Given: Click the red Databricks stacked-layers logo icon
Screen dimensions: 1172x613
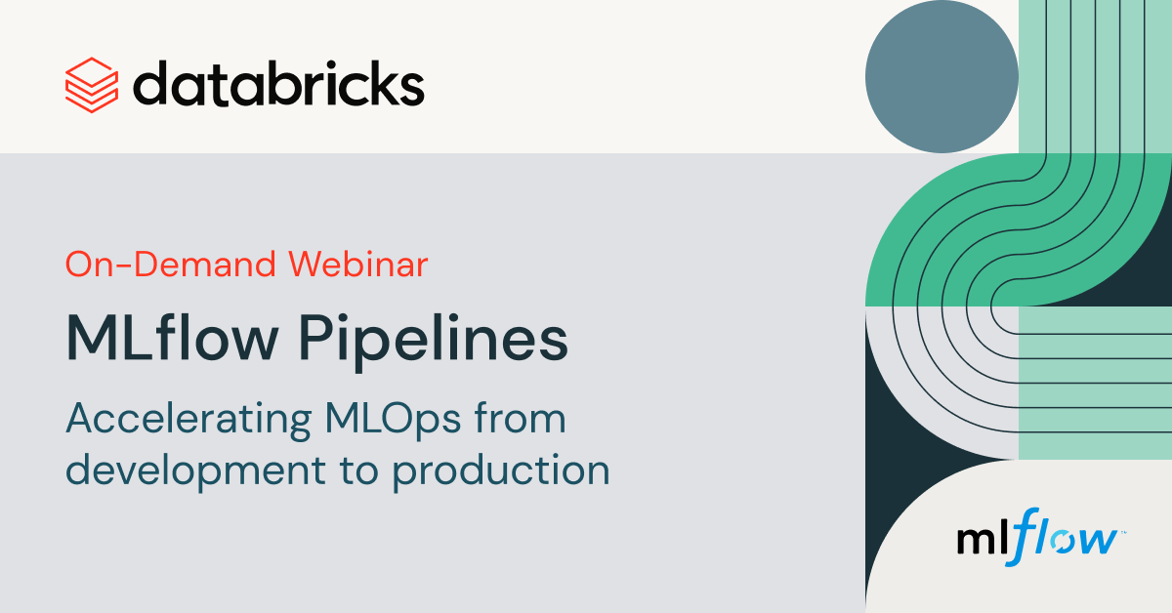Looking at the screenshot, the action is pyautogui.click(x=92, y=85).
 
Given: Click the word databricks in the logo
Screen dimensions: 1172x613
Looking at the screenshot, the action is pyautogui.click(x=278, y=84).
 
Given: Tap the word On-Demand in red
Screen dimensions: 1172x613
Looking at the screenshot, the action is pyautogui.click(x=171, y=265).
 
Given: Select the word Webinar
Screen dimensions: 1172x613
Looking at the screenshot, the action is pyautogui.click(x=358, y=264).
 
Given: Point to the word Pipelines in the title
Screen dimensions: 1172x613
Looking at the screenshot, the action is pyautogui.click(x=434, y=341).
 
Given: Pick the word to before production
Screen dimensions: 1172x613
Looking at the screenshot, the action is pyautogui.click(x=359, y=470).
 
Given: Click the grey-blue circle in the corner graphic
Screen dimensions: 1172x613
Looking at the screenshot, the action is pyautogui.click(x=942, y=76).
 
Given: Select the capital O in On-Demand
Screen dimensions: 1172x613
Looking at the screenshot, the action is pyautogui.click(x=80, y=265).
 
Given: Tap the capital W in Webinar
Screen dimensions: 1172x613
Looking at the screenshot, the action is pyautogui.click(x=310, y=265).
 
